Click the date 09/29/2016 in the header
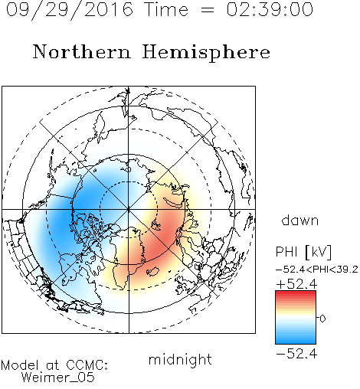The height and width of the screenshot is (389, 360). pyautogui.click(x=70, y=10)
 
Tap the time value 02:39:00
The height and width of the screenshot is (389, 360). pyautogui.click(x=270, y=9)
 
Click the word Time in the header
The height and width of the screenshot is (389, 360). pyautogui.click(x=166, y=9)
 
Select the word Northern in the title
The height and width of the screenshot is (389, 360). pyautogui.click(x=82, y=51)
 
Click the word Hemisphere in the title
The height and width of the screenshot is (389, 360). pyautogui.click(x=206, y=52)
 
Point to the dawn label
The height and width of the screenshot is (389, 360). pyautogui.click(x=300, y=220)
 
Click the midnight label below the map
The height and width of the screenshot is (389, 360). pyautogui.click(x=180, y=359)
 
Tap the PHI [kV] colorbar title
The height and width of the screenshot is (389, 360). pyautogui.click(x=303, y=252)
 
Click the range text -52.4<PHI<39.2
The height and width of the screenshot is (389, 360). pyautogui.click(x=317, y=270)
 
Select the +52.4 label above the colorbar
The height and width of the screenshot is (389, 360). pyautogui.click(x=296, y=284)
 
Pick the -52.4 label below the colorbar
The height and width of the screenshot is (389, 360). pyautogui.click(x=296, y=354)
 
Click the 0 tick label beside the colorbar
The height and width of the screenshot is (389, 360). pyautogui.click(x=322, y=319)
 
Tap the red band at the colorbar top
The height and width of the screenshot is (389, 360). pyautogui.click(x=296, y=293)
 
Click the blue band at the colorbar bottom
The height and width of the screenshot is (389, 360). pyautogui.click(x=296, y=341)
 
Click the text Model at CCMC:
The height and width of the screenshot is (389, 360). pyautogui.click(x=54, y=365)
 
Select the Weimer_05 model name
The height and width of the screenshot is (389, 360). pyautogui.click(x=58, y=378)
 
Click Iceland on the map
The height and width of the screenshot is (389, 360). pyautogui.click(x=152, y=271)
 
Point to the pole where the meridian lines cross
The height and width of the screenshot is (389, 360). pyautogui.click(x=129, y=210)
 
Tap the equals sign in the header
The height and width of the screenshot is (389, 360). pyautogui.click(x=208, y=10)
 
